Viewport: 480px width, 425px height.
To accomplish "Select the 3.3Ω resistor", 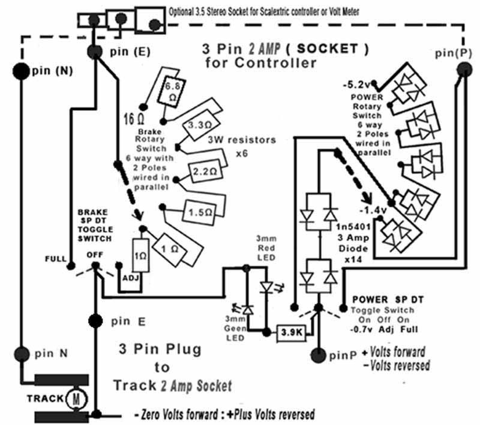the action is pos(200,125).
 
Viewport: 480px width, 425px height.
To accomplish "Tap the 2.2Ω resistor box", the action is pos(205,171).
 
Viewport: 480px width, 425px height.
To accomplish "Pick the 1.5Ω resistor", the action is pos(200,212).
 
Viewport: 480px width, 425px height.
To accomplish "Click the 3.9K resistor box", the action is pos(292,333).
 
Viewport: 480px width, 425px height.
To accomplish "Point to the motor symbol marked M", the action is pos(76,399).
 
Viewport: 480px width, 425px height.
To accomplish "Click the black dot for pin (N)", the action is pos(21,71).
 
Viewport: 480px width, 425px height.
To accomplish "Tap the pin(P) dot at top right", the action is pos(464,70).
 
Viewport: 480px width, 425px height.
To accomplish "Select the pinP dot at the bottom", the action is pos(319,355).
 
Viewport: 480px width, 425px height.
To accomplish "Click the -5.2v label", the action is pos(356,85).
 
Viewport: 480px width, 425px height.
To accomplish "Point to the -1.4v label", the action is pos(373,210).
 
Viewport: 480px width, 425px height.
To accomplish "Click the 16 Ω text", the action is pos(134,119).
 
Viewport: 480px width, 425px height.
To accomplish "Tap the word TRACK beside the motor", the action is pos(45,399).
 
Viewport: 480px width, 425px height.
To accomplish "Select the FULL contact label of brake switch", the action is pos(55,259).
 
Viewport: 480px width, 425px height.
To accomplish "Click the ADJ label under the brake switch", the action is pos(131,278).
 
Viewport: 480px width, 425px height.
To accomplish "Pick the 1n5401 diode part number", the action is pos(353,227).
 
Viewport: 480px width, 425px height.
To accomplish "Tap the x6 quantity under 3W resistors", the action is pos(242,153).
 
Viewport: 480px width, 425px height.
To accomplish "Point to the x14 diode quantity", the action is pos(353,260).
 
